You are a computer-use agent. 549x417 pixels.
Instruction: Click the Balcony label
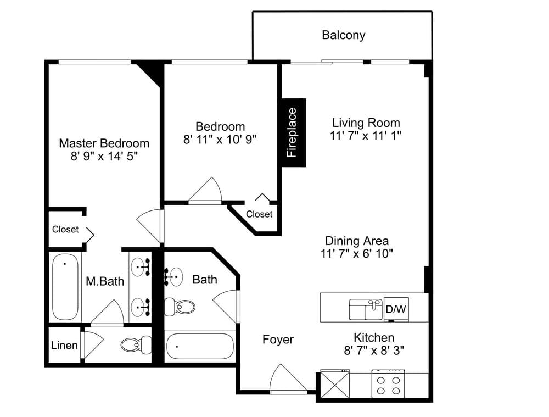343,35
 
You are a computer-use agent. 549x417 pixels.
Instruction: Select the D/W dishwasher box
395,309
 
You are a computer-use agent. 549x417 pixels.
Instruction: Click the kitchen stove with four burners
388,384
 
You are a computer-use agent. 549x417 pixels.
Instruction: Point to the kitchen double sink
366,309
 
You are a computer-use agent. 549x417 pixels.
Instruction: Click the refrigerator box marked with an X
335,383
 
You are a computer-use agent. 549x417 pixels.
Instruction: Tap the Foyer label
278,340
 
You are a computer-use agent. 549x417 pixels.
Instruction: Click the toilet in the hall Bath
180,306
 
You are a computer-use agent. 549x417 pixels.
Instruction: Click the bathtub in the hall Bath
199,347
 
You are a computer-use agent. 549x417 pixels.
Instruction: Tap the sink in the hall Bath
173,276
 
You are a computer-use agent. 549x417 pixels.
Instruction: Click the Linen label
64,346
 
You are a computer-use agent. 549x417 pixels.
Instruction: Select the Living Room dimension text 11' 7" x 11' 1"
366,136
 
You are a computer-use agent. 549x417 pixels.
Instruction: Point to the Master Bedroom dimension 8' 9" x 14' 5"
104,156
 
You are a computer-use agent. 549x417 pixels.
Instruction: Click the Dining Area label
357,241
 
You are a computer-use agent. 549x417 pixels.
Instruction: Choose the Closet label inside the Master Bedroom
65,229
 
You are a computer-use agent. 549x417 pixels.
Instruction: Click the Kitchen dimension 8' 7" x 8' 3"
374,351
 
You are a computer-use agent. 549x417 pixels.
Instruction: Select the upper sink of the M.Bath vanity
143,268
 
